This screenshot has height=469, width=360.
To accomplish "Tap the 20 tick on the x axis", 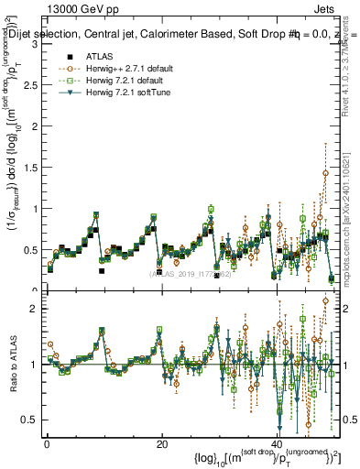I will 162,443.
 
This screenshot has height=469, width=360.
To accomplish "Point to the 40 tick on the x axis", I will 277,443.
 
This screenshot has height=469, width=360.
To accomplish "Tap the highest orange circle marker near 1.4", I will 325,172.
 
